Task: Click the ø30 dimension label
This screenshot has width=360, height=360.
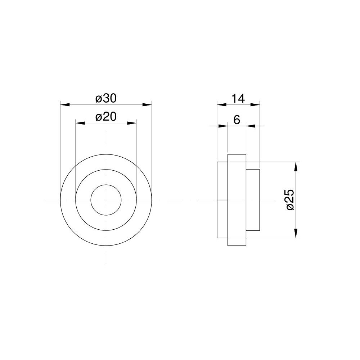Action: click(x=106, y=99)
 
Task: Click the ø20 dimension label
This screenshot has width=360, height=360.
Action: click(x=106, y=117)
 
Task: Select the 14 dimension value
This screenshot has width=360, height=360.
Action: click(x=238, y=99)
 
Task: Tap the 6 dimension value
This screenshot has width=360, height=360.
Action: click(x=237, y=120)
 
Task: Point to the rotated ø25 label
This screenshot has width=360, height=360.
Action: click(x=290, y=199)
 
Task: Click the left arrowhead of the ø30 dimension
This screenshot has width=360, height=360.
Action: click(x=65, y=105)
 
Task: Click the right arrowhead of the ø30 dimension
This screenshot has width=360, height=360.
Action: click(x=147, y=105)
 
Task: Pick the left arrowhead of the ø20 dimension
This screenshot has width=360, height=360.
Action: click(x=80, y=123)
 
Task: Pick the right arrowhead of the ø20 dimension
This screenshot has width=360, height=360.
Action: click(x=132, y=123)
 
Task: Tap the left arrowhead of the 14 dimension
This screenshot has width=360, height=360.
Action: click(x=222, y=105)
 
